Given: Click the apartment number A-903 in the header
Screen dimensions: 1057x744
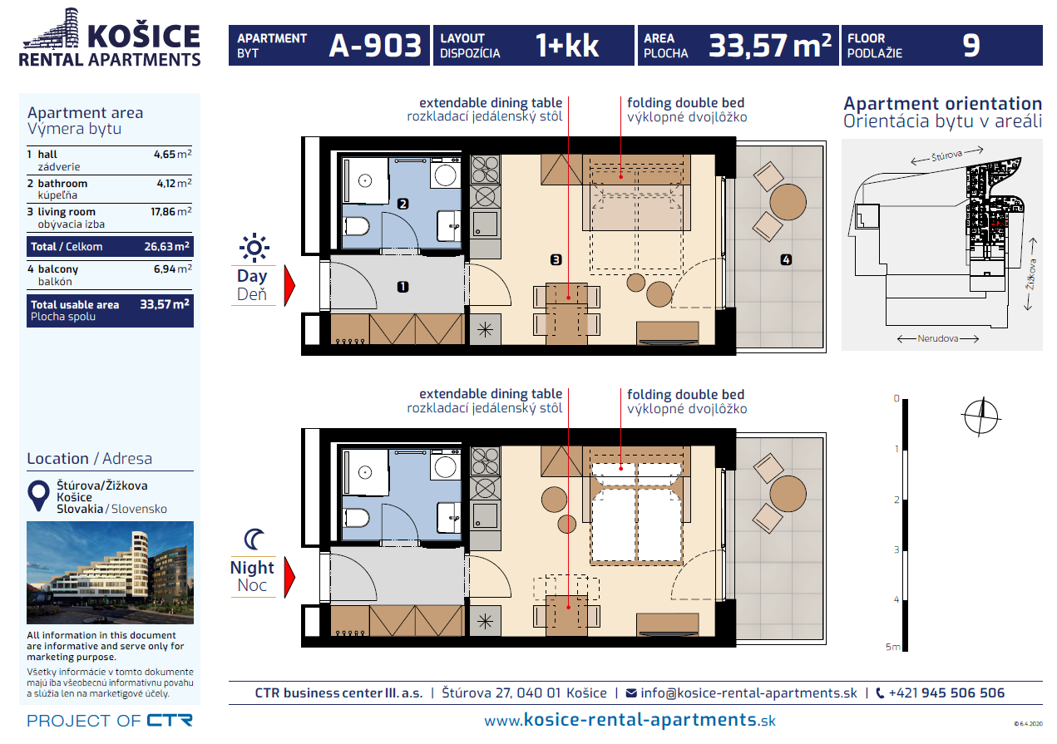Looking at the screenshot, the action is tap(375, 46).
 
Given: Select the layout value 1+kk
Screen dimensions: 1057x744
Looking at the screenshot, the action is tap(566, 46).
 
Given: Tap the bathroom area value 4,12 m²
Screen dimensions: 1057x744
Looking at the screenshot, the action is tap(174, 183).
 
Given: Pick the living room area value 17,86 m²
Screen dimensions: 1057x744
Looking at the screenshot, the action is tap(170, 212).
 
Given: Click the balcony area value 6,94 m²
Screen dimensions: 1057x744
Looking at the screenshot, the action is tap(173, 269).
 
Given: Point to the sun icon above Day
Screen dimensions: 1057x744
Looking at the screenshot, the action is tap(254, 248).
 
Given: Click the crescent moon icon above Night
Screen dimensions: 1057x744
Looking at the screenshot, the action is tap(254, 540).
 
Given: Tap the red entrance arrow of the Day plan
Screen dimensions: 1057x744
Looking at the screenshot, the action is tap(289, 285).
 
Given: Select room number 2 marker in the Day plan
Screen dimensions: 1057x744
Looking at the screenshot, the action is tap(403, 204).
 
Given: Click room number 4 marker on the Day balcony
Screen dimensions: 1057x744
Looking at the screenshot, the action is tap(786, 259).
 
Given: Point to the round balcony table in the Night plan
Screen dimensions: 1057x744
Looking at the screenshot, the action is tap(788, 494).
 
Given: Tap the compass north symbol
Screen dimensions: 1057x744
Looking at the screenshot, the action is tap(981, 416).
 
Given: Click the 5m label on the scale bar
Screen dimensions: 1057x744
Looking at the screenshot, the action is tap(892, 647).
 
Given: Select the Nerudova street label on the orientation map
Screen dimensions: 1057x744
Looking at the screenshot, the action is tap(937, 338).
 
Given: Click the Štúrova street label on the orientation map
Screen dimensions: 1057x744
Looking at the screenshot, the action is tap(946, 155).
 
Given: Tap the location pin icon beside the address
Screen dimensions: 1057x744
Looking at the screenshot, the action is tap(39, 495).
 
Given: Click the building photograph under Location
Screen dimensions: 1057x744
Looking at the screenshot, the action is tap(110, 572).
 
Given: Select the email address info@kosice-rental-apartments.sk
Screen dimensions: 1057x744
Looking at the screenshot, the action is tap(748, 693).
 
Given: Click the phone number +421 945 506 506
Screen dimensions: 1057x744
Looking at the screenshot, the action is tap(946, 693).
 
